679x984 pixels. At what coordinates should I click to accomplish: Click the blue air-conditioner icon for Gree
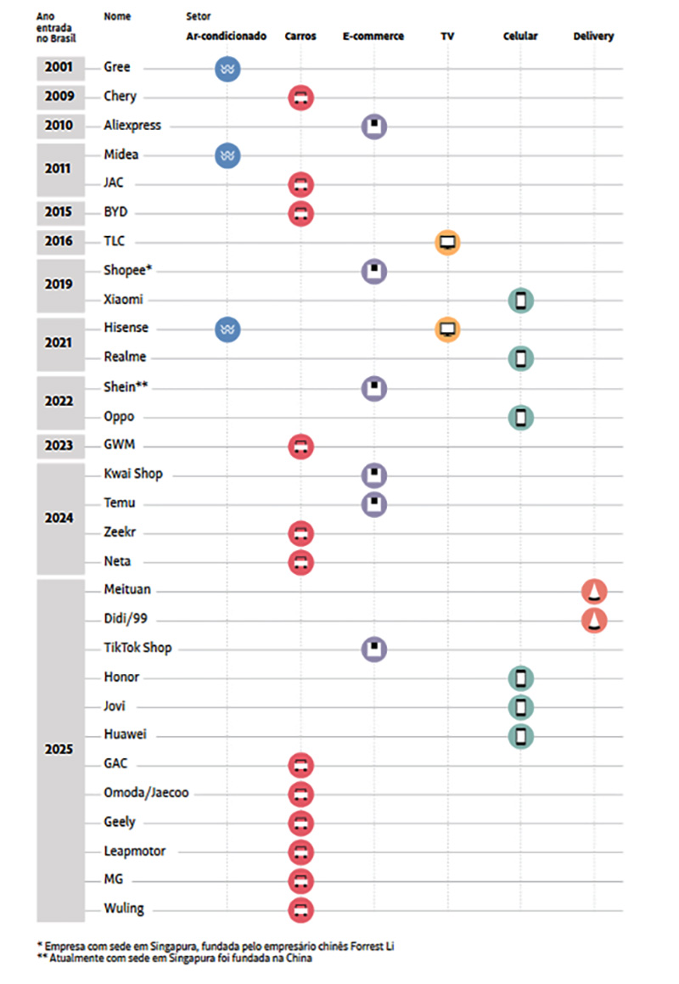[x=227, y=69]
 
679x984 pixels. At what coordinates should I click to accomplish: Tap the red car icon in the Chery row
[x=301, y=98]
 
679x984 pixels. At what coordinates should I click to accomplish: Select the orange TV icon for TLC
[x=447, y=242]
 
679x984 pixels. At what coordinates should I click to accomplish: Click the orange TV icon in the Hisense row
[x=447, y=329]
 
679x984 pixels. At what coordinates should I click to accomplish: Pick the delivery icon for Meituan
[x=594, y=592]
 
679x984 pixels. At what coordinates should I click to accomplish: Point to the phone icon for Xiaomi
[x=521, y=301]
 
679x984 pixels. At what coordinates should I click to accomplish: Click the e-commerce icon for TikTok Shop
[x=374, y=649]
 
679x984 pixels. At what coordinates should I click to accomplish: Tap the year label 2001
[x=59, y=68]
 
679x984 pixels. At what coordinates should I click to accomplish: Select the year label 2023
[x=59, y=445]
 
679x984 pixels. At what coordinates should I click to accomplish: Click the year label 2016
[x=59, y=242]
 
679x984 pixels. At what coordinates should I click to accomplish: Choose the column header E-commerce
[x=373, y=37]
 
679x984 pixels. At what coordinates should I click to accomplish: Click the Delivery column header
[x=593, y=37]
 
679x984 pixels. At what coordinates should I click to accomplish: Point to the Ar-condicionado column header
[x=227, y=37]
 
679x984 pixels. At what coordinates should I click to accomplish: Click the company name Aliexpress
[x=132, y=126]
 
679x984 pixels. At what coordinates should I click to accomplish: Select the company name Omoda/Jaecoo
[x=146, y=793]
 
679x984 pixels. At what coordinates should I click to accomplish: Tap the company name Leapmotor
[x=135, y=851]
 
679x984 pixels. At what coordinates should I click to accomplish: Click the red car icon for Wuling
[x=301, y=910]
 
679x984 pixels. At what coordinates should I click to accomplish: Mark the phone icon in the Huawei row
[x=521, y=736]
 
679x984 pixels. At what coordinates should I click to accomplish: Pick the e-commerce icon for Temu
[x=374, y=504]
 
